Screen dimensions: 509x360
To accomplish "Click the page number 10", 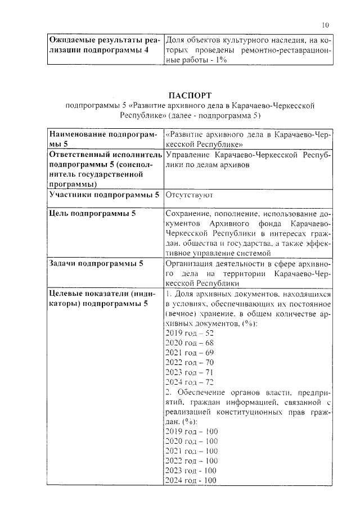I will click(326, 24).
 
